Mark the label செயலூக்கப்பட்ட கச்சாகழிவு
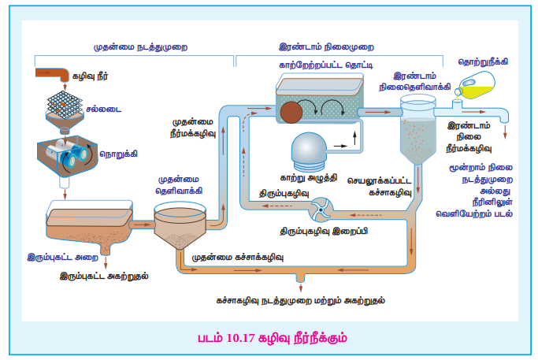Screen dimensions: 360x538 click(384, 185)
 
